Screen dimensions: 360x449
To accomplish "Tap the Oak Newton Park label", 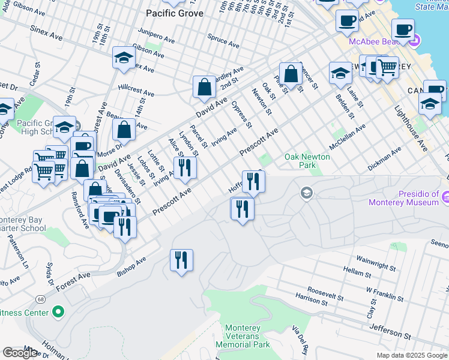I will point(307,161).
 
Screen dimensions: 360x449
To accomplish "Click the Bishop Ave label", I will point(131,267).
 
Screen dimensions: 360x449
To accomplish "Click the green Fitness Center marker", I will point(58,312).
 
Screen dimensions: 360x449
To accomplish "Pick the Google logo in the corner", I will point(20,353).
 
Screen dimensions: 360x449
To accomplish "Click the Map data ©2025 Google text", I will point(412,355).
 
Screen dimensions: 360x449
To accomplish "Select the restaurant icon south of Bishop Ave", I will point(181,260).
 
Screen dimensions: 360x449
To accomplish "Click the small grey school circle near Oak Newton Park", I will point(306,193).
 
